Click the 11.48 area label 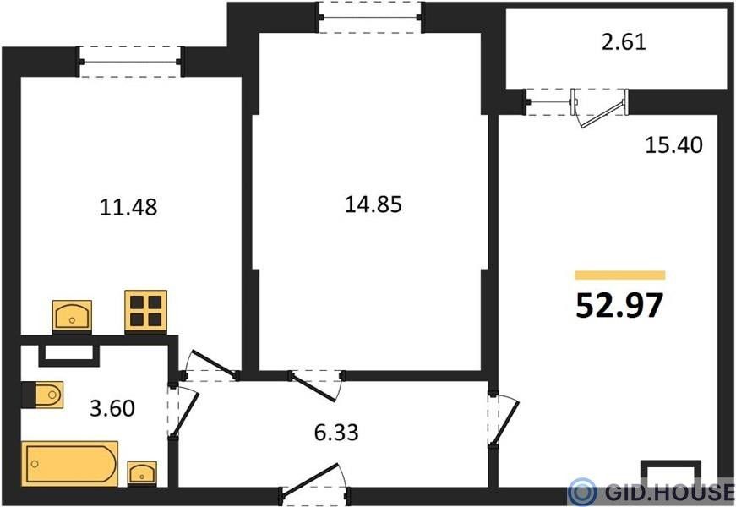click(x=128, y=207)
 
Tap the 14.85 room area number click(x=373, y=204)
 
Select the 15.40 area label click(x=674, y=144)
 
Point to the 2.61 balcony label click(x=624, y=42)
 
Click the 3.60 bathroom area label click(x=112, y=408)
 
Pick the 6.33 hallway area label click(x=336, y=433)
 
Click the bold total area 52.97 click(x=619, y=305)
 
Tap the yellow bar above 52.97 click(x=619, y=275)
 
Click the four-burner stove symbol click(x=146, y=311)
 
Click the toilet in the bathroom click(x=43, y=395)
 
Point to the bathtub click(x=70, y=464)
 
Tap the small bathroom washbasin click(x=142, y=473)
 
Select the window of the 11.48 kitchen click(x=131, y=62)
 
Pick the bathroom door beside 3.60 click(x=183, y=412)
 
